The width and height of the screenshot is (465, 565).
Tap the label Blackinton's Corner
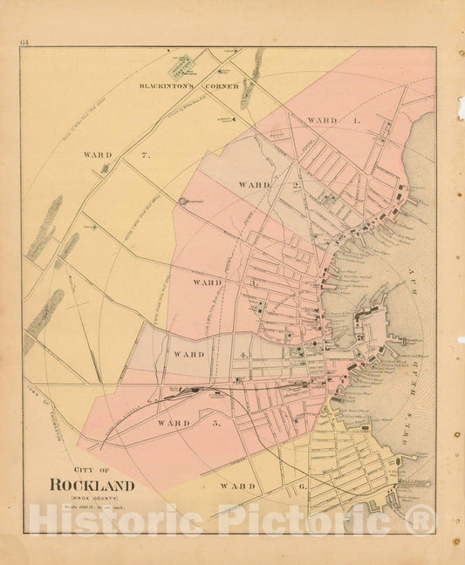pyautogui.click(x=174, y=86)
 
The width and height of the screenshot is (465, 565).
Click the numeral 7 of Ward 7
pyautogui.click(x=147, y=155)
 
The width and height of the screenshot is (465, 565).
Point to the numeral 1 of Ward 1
pyautogui.click(x=356, y=119)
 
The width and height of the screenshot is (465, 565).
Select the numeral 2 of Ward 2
pyautogui.click(x=296, y=185)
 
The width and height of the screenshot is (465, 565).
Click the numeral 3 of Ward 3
pyautogui.click(x=254, y=283)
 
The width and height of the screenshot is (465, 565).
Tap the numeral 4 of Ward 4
pyautogui.click(x=246, y=355)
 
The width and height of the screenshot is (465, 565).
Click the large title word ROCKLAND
pyautogui.click(x=92, y=485)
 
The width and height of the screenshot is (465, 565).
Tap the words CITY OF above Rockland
pyautogui.click(x=92, y=467)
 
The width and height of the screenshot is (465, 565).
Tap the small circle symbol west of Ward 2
pyautogui.click(x=183, y=201)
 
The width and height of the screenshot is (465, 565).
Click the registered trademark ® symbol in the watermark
pyautogui.click(x=421, y=521)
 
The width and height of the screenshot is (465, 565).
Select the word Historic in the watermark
pyautogui.click(x=85, y=521)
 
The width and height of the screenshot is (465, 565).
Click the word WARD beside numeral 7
pyautogui.click(x=98, y=155)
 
